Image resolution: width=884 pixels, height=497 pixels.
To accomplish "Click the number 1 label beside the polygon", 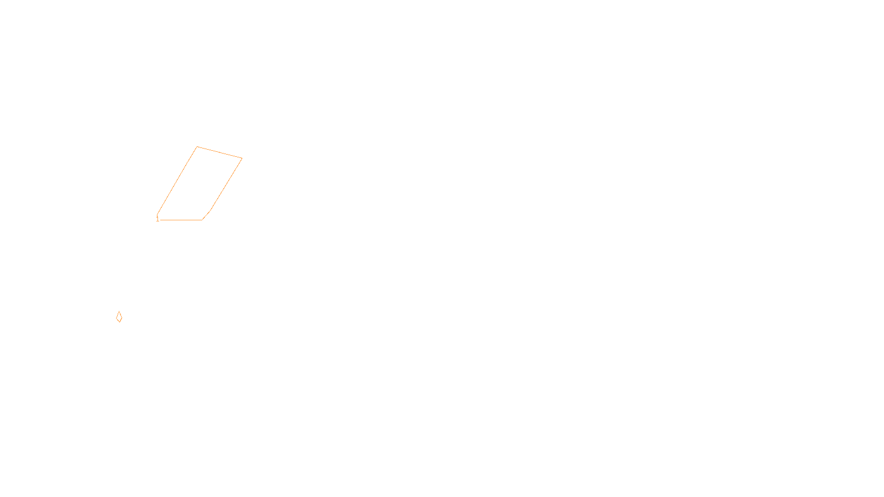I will pos(157,219).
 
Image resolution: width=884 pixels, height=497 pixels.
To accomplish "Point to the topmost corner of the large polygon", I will pos(197,147).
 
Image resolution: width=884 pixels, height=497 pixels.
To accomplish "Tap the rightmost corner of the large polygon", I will pos(242,158).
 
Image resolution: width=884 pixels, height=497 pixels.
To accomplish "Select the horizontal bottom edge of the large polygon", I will pos(181,220).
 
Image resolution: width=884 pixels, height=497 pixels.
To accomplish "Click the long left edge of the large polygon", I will pos(177,181).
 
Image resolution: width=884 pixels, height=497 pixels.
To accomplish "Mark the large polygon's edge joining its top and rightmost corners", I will pos(219,152).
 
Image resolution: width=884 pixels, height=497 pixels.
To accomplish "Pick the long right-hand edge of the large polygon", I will pos(227,184).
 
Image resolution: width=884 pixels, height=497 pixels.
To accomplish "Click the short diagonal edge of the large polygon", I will pos(207,215).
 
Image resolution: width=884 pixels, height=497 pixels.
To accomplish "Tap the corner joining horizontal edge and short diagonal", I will pos(202,220).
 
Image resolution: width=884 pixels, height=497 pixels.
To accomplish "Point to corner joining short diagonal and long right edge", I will pos(211,210).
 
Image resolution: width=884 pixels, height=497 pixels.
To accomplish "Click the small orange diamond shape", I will pos(119,317).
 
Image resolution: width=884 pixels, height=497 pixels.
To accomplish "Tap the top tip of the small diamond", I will pos(119,311).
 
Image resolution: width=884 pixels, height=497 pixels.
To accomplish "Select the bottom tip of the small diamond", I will pos(119,322).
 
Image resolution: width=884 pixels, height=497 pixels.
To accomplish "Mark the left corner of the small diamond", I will pos(117,318).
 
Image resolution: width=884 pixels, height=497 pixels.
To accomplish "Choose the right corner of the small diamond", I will pos(122,318).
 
